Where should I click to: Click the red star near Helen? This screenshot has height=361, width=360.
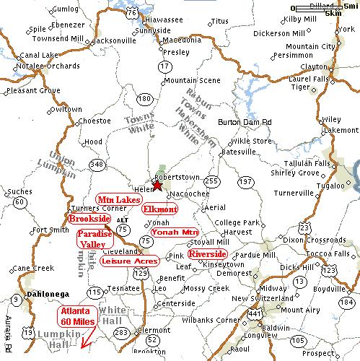click(x=159, y=184)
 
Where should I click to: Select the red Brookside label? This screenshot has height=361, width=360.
click(x=89, y=217)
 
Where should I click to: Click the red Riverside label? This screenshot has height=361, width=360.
click(x=207, y=255)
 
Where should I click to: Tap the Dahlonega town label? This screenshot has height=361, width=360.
click(x=48, y=295)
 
